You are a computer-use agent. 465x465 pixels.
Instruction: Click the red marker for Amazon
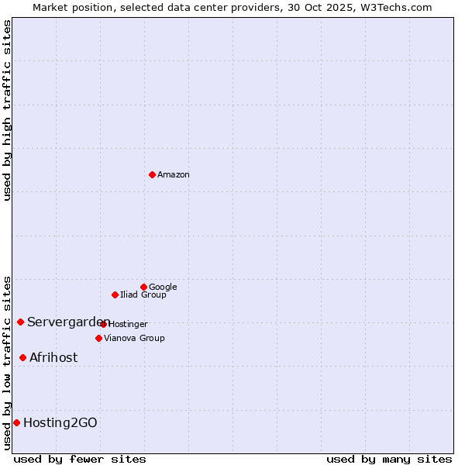(x=152, y=174)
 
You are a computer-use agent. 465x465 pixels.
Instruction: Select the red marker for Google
(x=143, y=287)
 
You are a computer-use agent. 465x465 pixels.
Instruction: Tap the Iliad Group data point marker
(x=115, y=294)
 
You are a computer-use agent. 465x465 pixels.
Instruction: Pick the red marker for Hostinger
(x=103, y=324)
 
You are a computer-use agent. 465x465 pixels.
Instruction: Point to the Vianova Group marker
(x=98, y=338)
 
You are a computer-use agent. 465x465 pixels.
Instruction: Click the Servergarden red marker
(x=20, y=322)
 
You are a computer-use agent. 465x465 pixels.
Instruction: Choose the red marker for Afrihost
(x=22, y=357)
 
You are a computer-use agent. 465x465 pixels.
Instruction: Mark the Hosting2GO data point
(x=16, y=422)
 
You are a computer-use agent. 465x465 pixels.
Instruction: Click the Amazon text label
(x=173, y=175)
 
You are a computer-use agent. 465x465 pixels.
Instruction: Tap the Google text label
(x=163, y=288)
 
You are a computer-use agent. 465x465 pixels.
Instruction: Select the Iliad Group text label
(x=143, y=295)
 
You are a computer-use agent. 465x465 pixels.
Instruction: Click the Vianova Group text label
(x=134, y=339)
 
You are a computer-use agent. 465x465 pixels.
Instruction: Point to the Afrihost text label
(x=53, y=358)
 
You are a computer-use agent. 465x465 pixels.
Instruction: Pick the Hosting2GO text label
(x=60, y=423)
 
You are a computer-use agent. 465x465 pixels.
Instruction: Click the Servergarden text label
(x=67, y=322)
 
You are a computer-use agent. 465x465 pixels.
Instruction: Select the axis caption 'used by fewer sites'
(x=80, y=459)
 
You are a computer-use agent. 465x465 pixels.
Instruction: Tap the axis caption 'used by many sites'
(x=389, y=459)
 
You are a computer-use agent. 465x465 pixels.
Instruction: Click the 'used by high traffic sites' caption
(x=7, y=110)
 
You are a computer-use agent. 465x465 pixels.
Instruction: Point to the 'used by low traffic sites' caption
(x=7, y=362)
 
